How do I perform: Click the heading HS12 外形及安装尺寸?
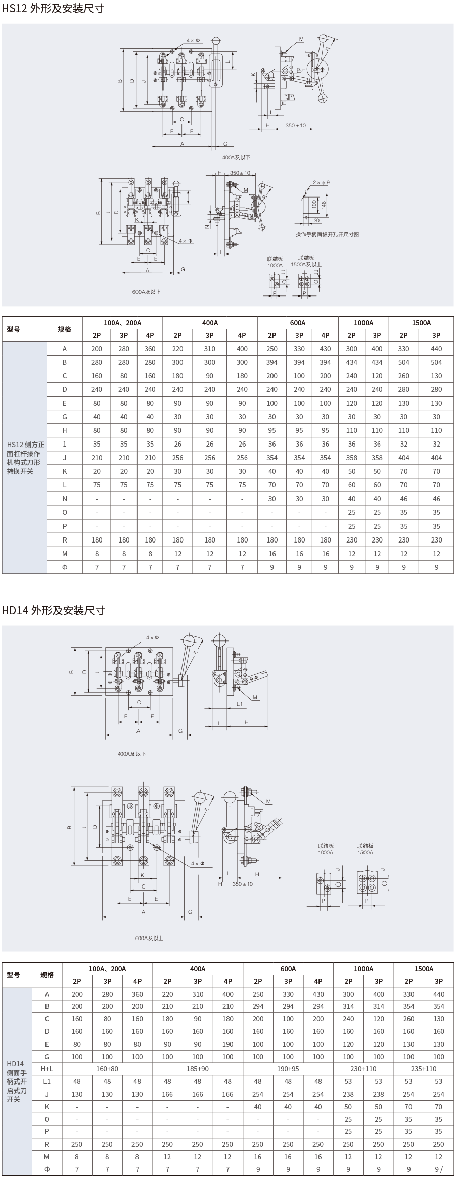(53, 9)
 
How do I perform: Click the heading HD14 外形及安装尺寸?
(54, 610)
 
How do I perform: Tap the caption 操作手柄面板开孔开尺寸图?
(328, 234)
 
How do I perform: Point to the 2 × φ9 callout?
(321, 182)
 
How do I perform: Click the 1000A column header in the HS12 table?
(363, 323)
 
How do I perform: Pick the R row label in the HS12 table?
(65, 540)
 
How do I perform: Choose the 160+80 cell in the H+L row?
(107, 1069)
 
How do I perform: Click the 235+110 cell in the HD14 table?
(424, 1069)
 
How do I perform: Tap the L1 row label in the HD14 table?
(47, 1081)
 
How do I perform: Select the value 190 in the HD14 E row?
(228, 1044)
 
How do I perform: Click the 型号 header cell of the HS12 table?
(14, 329)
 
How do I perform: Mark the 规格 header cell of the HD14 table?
(47, 975)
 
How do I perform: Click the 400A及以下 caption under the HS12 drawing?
(236, 157)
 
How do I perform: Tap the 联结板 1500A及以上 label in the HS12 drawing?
(306, 261)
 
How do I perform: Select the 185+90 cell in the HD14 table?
(198, 1069)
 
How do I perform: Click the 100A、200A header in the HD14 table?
(107, 969)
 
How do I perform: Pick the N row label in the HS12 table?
(65, 499)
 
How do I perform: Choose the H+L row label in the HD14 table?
(47, 1069)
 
